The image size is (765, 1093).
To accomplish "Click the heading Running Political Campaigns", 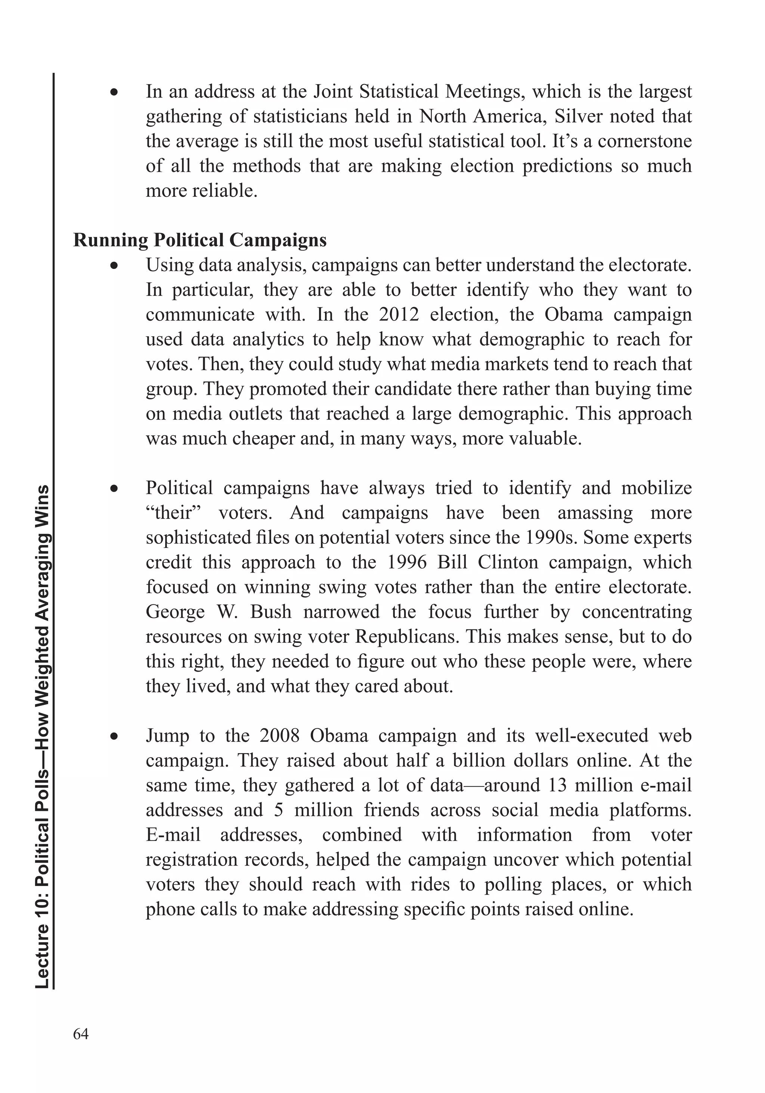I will coord(200,240).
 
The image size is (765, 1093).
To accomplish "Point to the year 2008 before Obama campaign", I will coord(279,736).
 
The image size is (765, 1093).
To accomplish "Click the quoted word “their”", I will coord(174,513).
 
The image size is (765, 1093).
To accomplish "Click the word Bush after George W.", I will coord(271,612).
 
